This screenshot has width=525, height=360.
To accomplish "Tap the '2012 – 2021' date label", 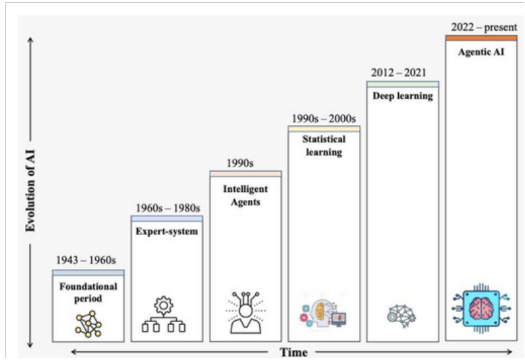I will pyautogui.click(x=402, y=72).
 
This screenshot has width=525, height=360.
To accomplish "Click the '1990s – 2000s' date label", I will pyautogui.click(x=324, y=118).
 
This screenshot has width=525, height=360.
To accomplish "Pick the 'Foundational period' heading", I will pyautogui.click(x=88, y=292).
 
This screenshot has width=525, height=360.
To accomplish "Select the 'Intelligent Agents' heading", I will pyautogui.click(x=245, y=195).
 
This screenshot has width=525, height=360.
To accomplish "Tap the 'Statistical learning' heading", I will pyautogui.click(x=324, y=145).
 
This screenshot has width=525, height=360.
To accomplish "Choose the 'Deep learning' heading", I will pyautogui.click(x=402, y=96).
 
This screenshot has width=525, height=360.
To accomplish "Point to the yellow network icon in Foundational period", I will pyautogui.click(x=88, y=324).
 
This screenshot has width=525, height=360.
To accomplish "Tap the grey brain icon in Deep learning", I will pyautogui.click(x=402, y=314).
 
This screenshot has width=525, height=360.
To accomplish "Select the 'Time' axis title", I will pyautogui.click(x=294, y=353).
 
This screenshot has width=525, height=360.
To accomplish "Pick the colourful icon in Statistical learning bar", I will pyautogui.click(x=323, y=313).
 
